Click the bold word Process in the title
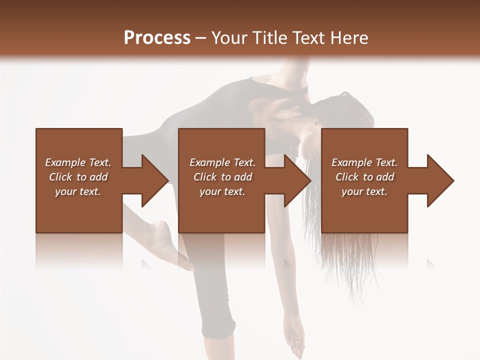157,38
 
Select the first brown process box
79,180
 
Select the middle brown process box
221,180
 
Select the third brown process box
364,180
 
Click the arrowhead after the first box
152,180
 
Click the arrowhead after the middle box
295,180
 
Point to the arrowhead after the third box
438,180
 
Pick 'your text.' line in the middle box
222,191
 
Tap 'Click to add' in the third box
364,177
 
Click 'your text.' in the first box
78,191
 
